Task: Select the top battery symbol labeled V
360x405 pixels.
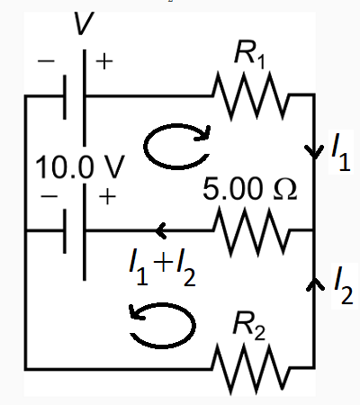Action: click(x=76, y=94)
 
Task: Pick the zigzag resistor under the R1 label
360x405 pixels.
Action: click(x=251, y=94)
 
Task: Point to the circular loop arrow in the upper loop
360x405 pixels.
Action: click(x=177, y=146)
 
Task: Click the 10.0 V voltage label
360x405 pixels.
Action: click(x=78, y=168)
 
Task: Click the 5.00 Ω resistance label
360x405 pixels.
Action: click(x=249, y=192)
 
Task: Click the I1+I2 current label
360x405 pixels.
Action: click(x=163, y=265)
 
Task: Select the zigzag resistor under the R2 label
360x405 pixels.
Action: click(x=251, y=367)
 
